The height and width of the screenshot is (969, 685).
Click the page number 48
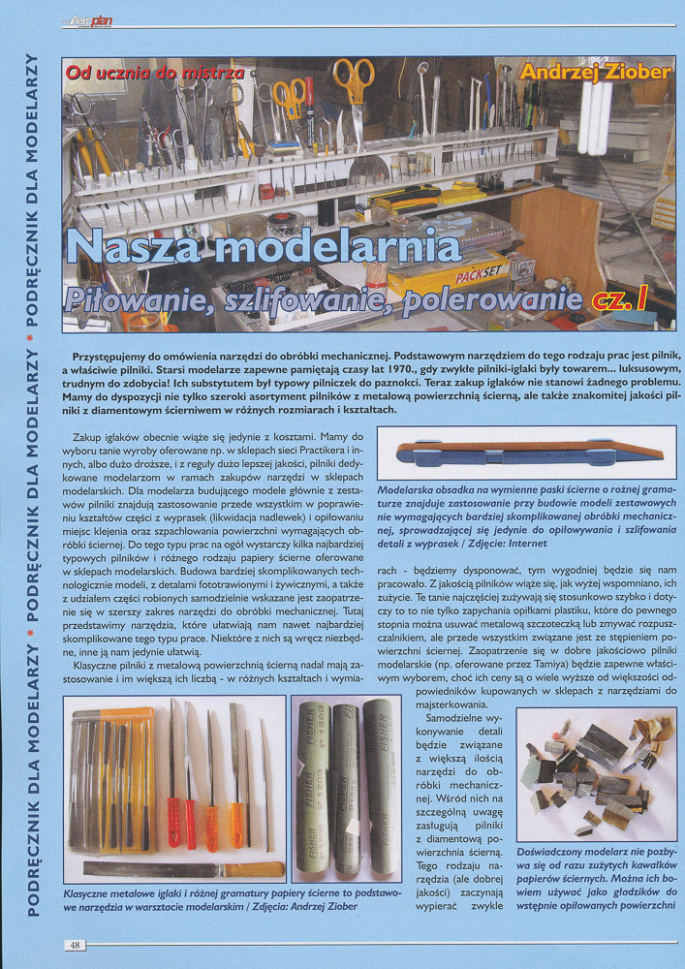[x=74, y=944]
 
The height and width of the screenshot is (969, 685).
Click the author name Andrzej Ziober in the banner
[x=594, y=72]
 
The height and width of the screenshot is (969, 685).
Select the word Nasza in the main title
[x=143, y=248]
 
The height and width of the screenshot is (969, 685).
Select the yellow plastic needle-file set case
[x=114, y=774]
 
